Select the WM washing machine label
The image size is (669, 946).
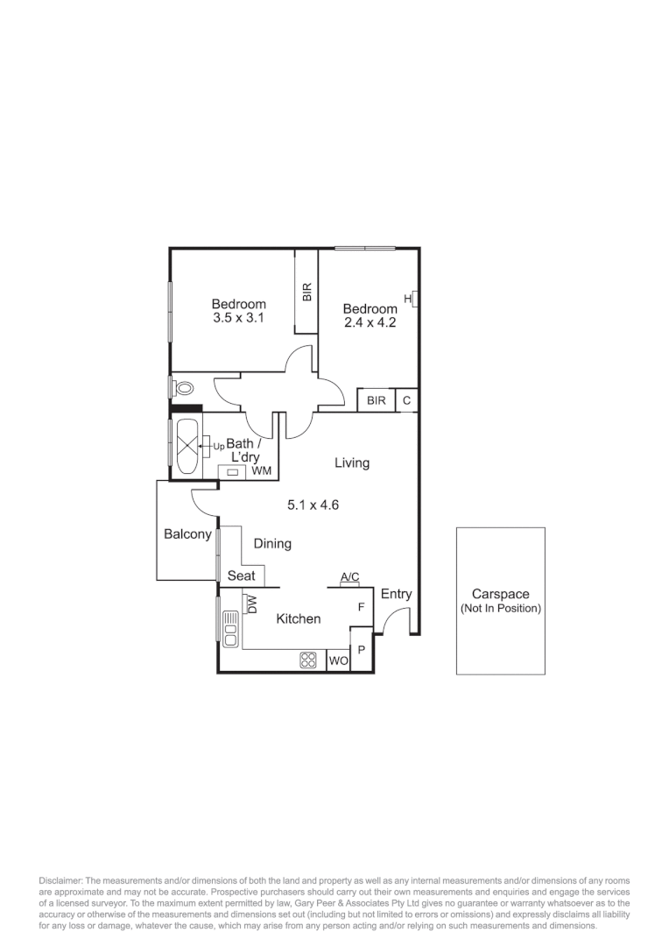click(261, 471)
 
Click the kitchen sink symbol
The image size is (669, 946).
click(230, 628)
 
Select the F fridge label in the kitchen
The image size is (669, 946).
click(360, 606)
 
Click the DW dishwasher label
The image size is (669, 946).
click(251, 604)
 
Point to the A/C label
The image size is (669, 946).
click(349, 576)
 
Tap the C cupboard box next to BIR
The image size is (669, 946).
click(406, 400)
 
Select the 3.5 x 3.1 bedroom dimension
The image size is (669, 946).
click(238, 319)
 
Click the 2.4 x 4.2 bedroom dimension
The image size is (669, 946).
click(370, 322)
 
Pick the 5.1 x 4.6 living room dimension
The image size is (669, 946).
click(313, 505)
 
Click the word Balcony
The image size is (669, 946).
click(187, 534)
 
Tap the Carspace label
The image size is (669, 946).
click(500, 594)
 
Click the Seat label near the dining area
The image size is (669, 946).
click(242, 575)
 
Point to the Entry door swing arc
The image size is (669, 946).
click(397, 618)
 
